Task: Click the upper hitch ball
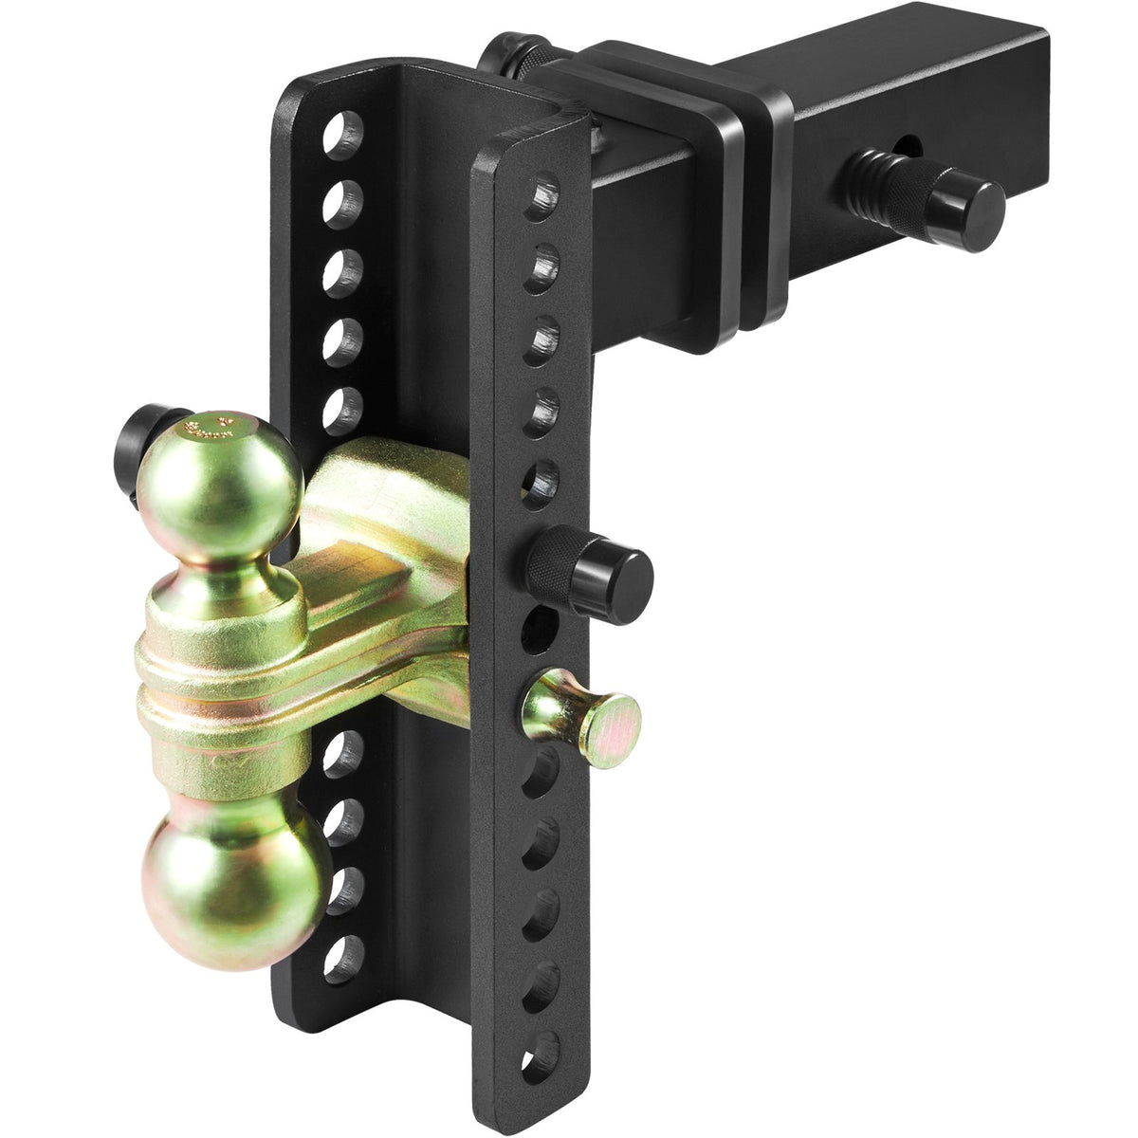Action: coord(219,479)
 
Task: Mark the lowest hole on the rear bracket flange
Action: coord(343,959)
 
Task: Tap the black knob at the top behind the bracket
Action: coord(508,60)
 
